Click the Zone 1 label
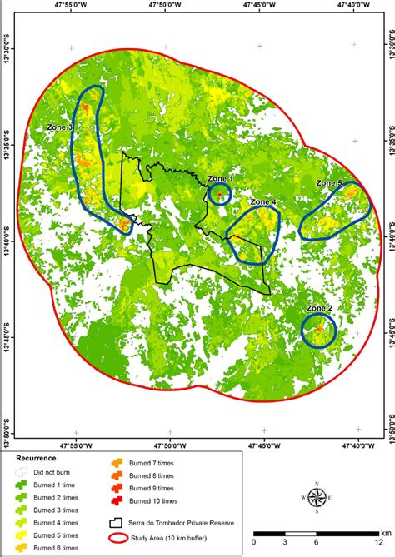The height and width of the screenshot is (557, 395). [220, 178]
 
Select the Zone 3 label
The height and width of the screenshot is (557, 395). [59, 127]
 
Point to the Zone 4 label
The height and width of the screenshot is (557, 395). [263, 201]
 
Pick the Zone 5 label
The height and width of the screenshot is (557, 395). [329, 183]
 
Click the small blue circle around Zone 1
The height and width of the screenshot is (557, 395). [219, 195]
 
